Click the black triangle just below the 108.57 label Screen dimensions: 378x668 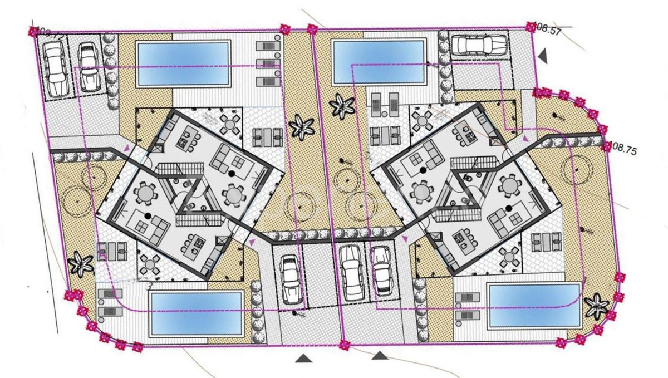[543, 55]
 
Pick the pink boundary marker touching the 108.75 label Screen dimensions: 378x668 [607, 146]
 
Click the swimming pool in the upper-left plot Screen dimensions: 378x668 [184, 62]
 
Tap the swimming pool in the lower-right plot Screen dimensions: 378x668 [535, 305]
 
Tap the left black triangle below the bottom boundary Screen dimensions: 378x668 [303, 359]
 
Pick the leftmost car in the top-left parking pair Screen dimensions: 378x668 [56, 70]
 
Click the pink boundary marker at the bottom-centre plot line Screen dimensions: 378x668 [344, 345]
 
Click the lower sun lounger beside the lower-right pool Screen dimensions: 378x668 [466, 315]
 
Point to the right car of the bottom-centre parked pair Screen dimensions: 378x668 [381, 271]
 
